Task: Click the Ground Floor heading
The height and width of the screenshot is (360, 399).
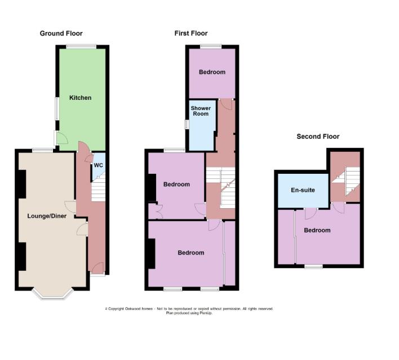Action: [61, 33]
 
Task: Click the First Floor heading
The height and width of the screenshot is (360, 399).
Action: [191, 33]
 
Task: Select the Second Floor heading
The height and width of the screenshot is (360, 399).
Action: [318, 137]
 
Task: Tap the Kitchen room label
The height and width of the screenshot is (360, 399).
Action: [80, 98]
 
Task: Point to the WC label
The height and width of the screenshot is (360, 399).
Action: [98, 165]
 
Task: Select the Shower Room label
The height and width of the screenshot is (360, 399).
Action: [200, 111]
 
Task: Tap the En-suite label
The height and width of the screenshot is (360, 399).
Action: [303, 190]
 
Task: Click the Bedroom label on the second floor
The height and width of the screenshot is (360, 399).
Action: [317, 230]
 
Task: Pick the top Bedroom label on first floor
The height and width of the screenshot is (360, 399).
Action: [212, 72]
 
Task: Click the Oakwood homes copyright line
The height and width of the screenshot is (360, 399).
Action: [189, 309]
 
